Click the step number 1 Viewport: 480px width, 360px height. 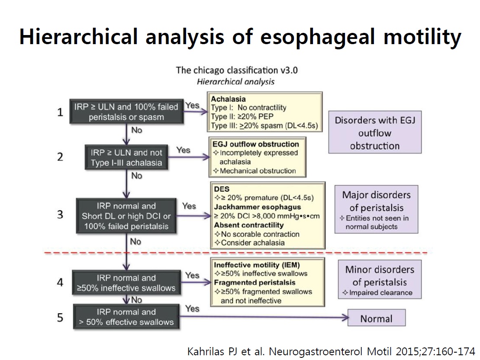click(60, 112)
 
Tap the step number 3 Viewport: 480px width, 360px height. click(60, 215)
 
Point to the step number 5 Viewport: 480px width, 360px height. click(60, 318)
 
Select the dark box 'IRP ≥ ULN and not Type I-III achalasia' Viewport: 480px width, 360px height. click(126, 157)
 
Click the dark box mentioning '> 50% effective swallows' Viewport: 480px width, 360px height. click(126, 317)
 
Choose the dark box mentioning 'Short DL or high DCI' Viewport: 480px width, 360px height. click(126, 216)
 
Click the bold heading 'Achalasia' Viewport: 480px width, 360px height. click(229, 99)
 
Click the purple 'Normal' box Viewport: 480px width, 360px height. click(377, 318)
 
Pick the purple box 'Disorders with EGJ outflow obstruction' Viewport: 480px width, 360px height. click(375, 132)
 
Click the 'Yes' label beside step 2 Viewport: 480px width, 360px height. click(183, 150)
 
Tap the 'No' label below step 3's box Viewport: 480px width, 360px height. click(135, 241)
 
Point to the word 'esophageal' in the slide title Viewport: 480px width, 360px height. click(317, 37)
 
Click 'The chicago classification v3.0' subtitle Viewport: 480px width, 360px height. click(237, 70)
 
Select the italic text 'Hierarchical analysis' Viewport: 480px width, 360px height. click(236, 82)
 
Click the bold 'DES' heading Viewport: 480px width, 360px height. click(222, 189)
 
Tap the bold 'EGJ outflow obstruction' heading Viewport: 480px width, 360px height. click(256, 144)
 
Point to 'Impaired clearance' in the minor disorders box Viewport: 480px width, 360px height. click(381, 292)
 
